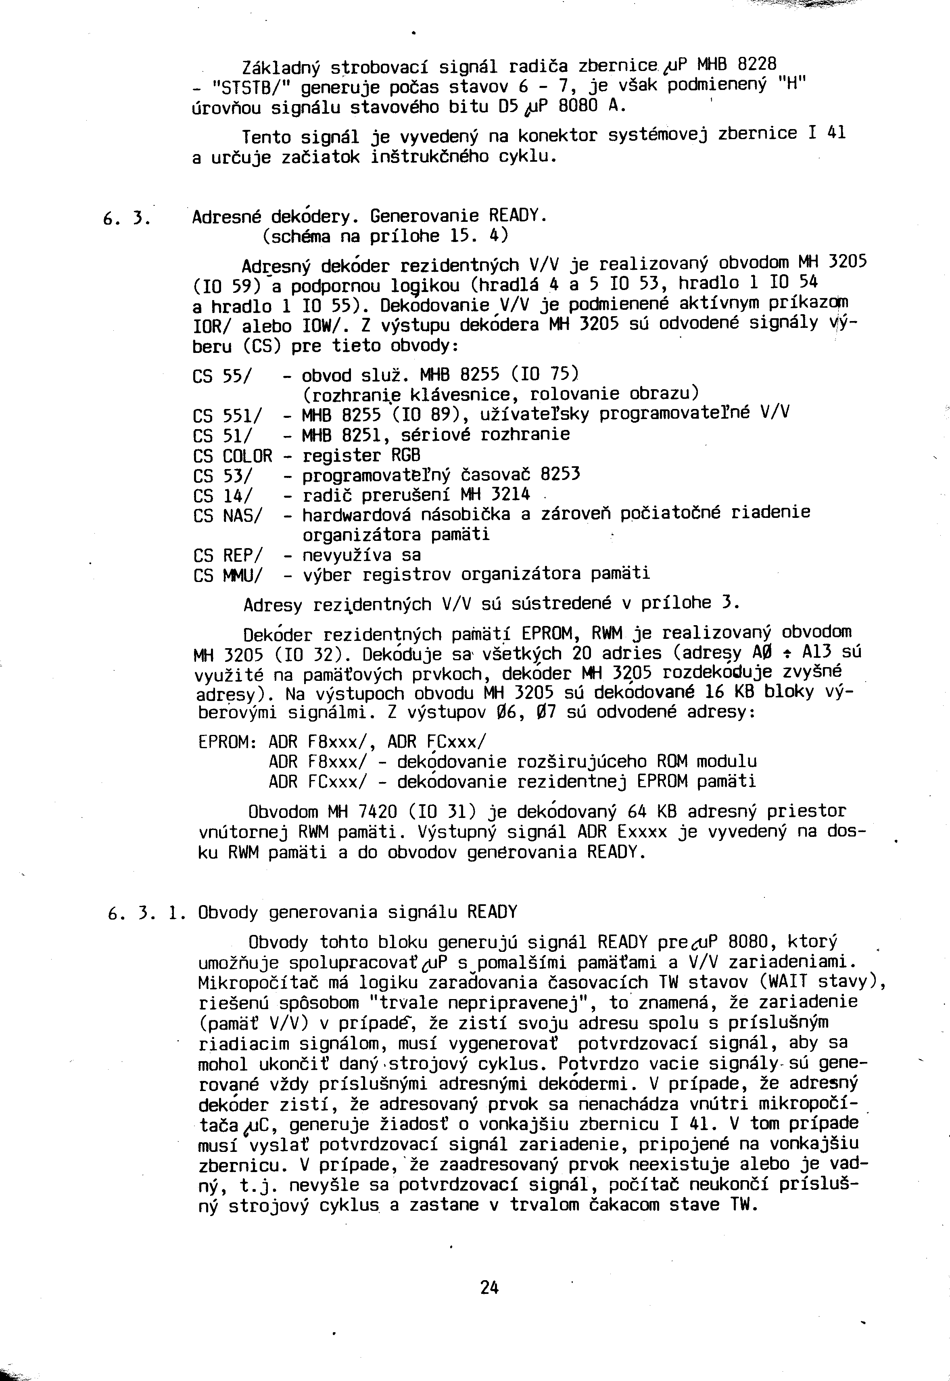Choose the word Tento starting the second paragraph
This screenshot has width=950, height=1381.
(266, 138)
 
